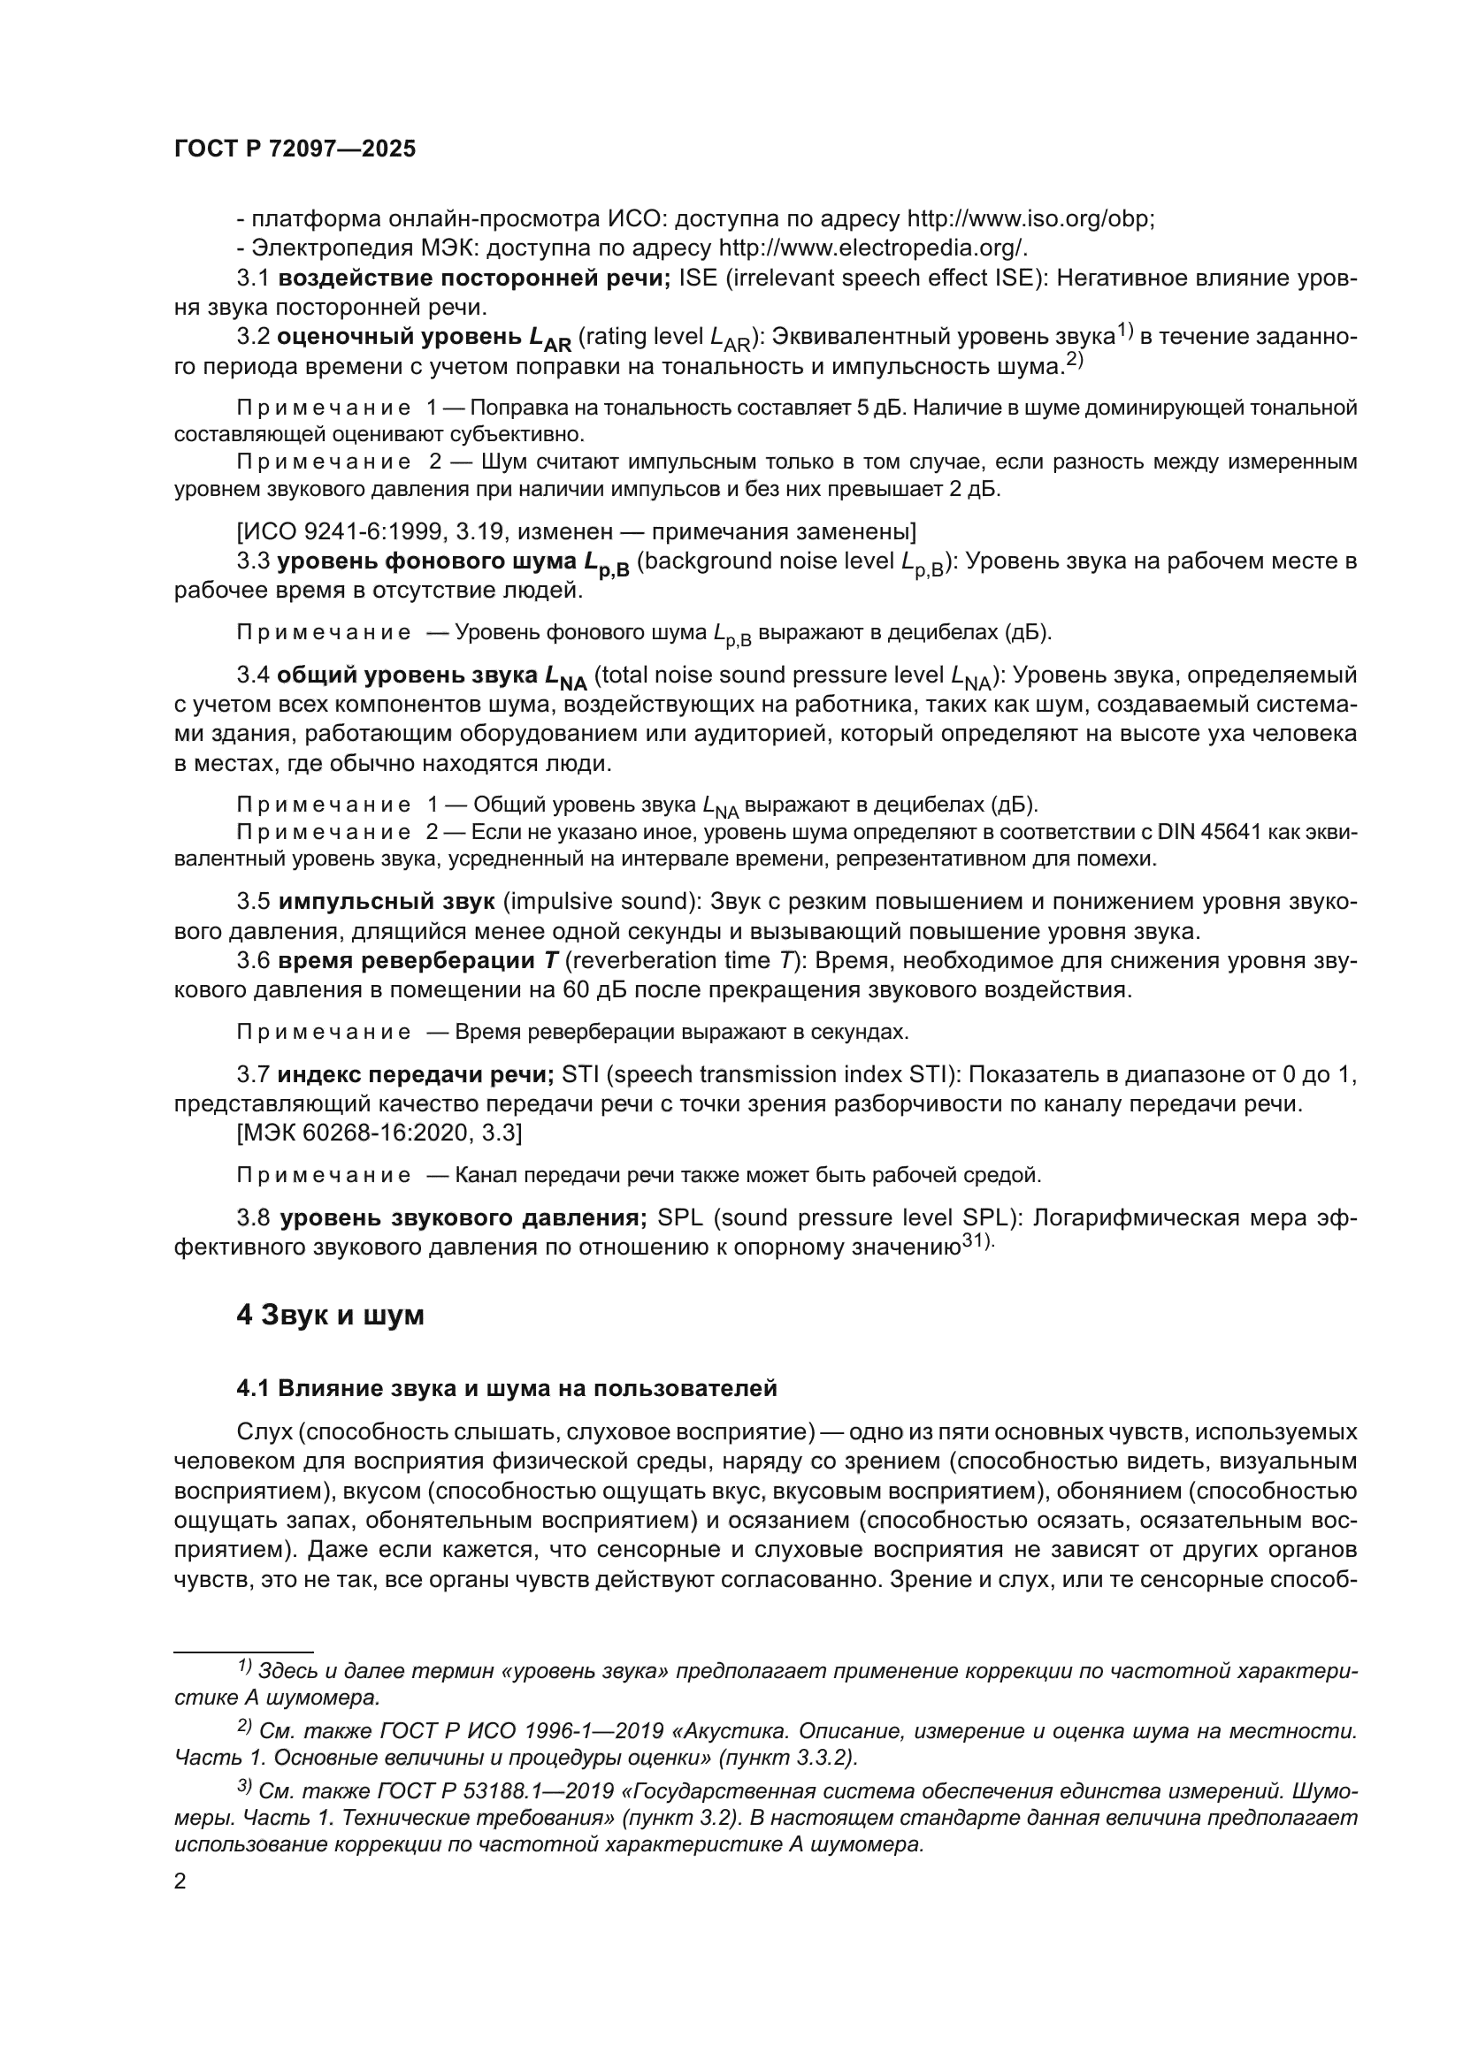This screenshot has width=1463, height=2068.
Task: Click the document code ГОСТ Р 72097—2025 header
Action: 295,149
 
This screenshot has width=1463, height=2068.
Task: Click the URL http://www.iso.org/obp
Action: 1030,219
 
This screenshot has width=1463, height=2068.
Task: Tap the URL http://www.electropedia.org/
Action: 872,248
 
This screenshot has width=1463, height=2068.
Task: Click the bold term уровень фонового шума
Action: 426,561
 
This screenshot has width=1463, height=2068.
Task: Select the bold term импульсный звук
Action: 387,902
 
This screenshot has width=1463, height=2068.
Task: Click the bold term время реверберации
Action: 405,960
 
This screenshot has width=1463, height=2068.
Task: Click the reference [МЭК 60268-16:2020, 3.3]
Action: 379,1133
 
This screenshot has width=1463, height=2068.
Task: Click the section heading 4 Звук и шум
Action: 330,1315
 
